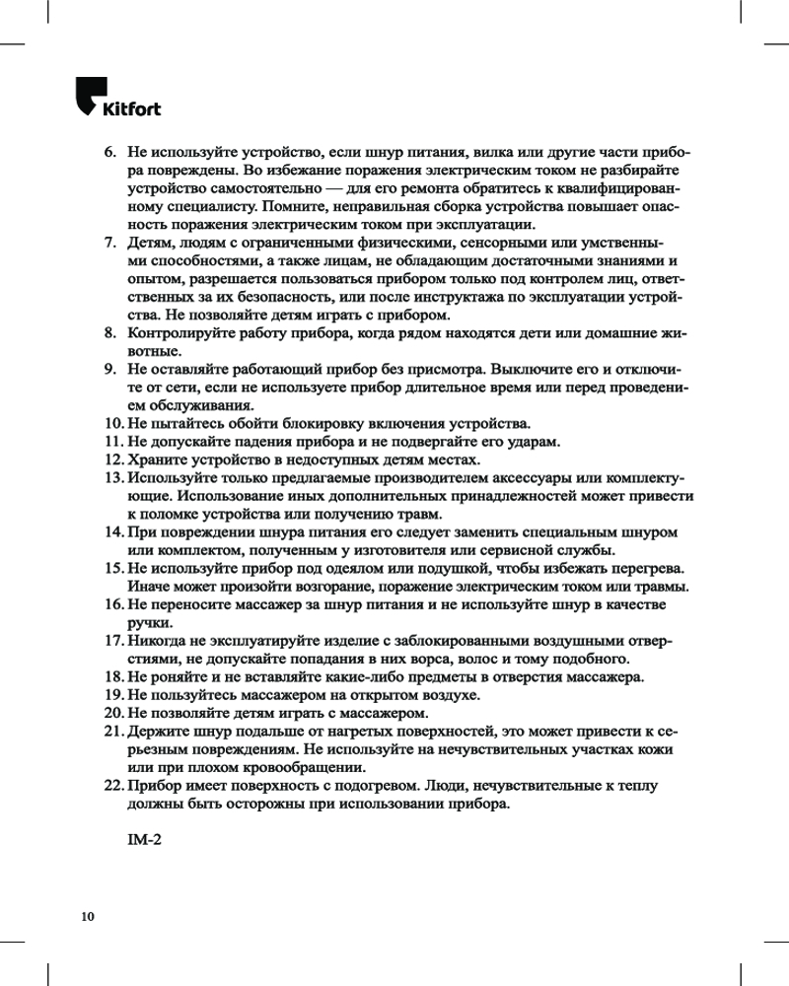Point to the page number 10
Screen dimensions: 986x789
(x=88, y=917)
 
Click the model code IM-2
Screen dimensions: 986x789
(x=144, y=840)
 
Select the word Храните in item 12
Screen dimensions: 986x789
(x=158, y=459)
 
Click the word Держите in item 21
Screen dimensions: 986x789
(x=159, y=732)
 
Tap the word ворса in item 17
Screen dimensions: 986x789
(x=467, y=660)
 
